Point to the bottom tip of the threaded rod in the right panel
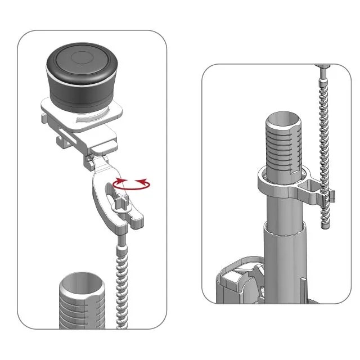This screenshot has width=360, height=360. [x=325, y=225]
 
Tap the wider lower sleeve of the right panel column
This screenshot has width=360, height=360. [x=284, y=247]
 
